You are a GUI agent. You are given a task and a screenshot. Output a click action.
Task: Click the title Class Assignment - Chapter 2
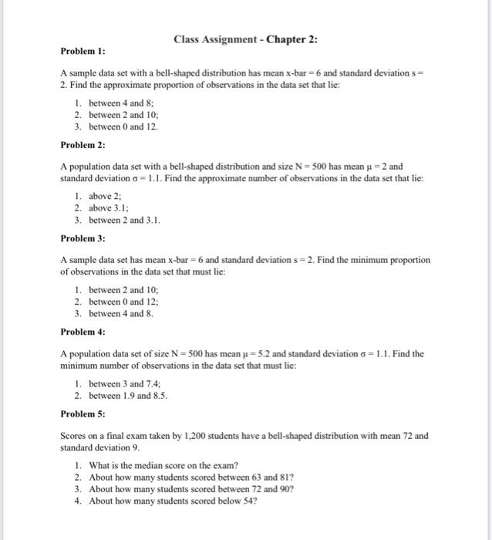click(245, 39)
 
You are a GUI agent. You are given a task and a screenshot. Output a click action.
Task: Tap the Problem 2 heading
click(83, 144)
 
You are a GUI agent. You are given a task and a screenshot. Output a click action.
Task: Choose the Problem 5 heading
click(83, 413)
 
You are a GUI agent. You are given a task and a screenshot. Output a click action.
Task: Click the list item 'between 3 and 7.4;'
click(126, 383)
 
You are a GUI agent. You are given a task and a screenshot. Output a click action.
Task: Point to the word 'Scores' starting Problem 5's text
click(73, 436)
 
